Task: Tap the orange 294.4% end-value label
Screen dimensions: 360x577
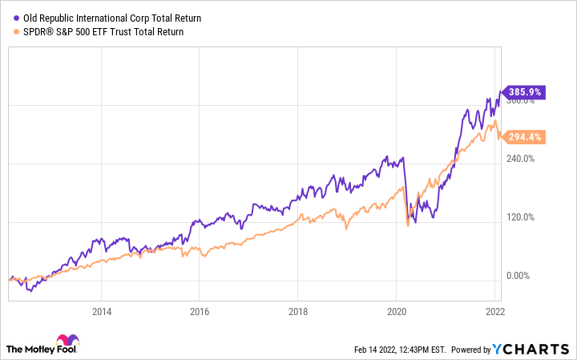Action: (x=524, y=137)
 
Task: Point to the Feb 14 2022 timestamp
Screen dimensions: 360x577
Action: (x=398, y=350)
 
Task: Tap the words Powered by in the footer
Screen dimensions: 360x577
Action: (x=470, y=350)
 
